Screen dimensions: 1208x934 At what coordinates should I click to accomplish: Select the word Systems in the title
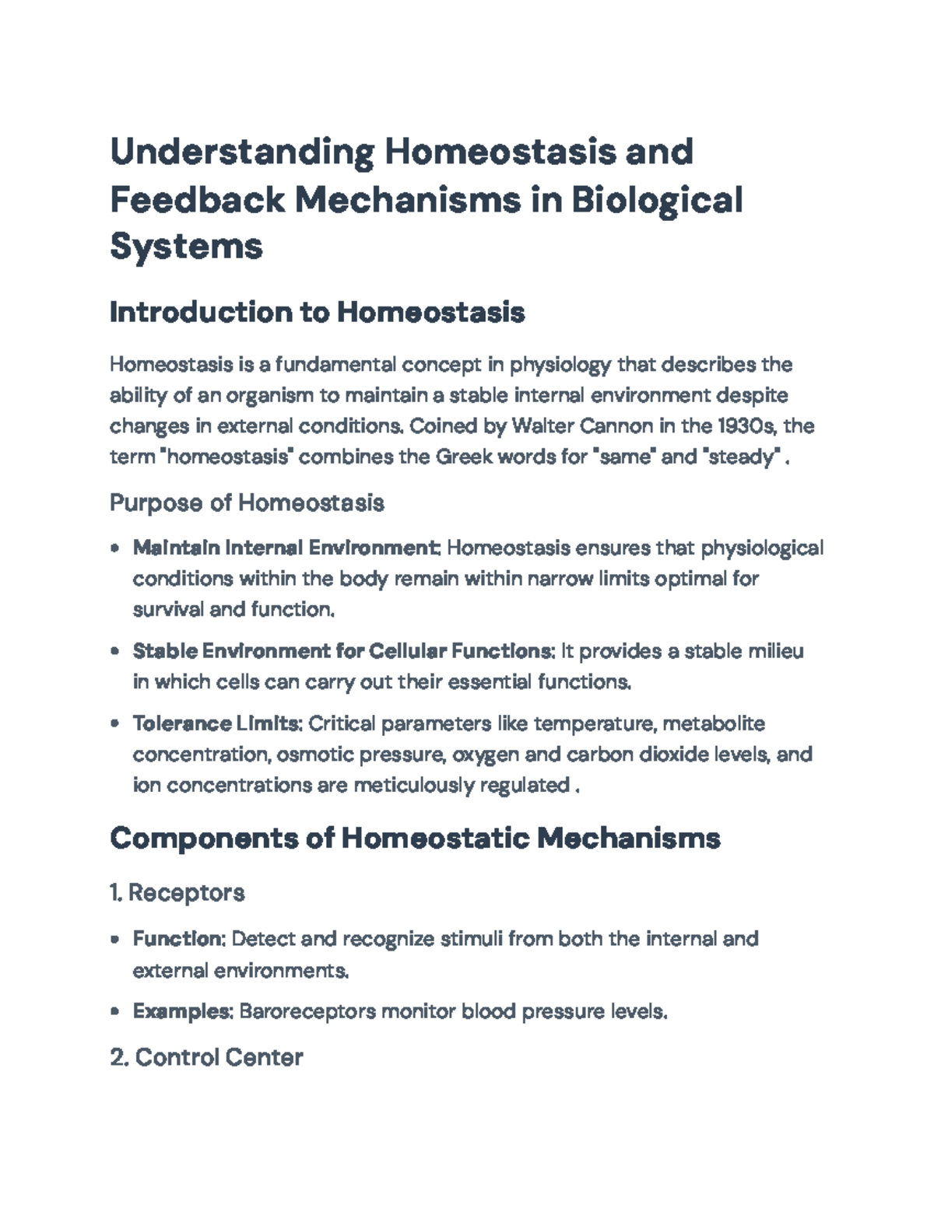pos(186,247)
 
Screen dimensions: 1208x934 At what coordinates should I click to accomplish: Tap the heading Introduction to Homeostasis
pos(317,313)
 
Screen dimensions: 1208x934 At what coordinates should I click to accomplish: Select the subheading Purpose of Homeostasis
pos(247,502)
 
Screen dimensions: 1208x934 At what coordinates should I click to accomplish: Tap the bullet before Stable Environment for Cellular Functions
pos(115,651)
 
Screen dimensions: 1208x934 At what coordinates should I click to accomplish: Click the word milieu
pos(775,650)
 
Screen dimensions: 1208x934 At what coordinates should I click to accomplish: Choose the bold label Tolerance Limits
pos(216,723)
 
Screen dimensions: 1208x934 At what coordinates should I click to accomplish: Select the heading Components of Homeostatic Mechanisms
pos(415,839)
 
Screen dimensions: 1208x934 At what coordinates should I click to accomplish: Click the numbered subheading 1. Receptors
pos(177,892)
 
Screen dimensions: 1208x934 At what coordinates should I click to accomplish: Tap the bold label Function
pos(178,939)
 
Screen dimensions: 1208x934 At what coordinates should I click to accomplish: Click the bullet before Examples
pos(115,1012)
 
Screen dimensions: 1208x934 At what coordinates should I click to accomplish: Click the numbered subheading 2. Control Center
pos(206,1057)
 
